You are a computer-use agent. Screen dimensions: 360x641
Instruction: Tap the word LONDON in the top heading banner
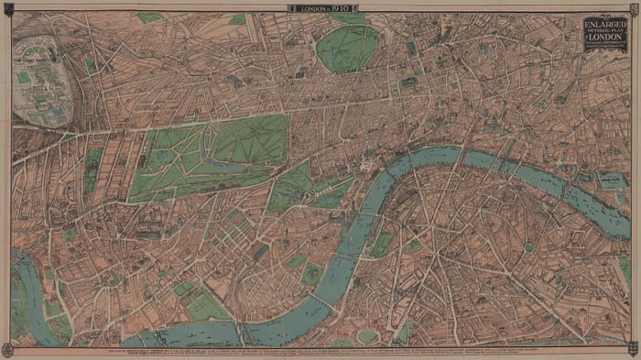307,8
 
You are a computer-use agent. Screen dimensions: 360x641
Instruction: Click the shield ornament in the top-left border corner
7,7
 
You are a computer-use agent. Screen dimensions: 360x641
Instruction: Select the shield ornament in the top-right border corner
633,7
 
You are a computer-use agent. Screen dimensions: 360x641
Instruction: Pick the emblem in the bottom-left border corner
7,348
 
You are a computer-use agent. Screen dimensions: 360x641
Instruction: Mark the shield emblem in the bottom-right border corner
633,348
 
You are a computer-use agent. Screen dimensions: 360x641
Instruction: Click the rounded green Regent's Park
347,47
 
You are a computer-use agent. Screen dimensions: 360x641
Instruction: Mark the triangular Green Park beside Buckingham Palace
291,183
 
